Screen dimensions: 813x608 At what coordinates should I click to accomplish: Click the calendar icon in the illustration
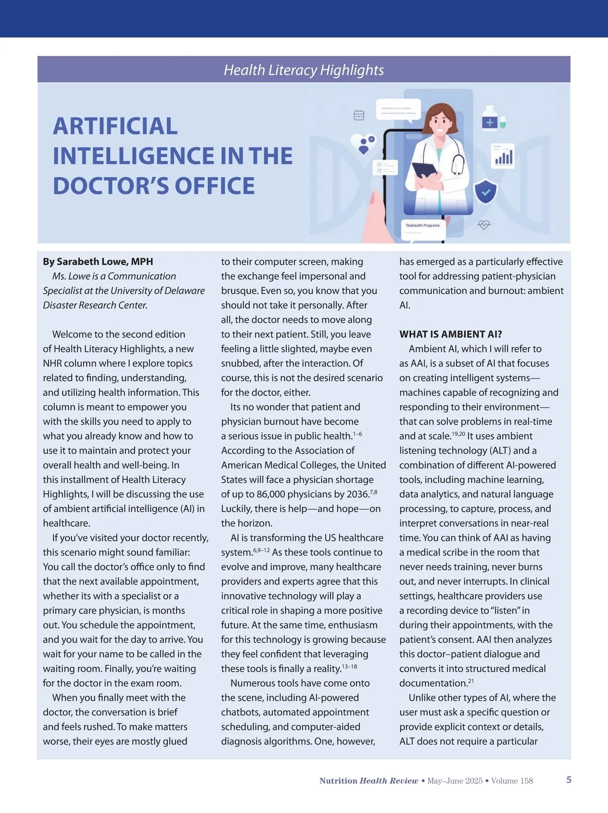point(359,115)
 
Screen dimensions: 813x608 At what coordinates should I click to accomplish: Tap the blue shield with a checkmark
point(485,191)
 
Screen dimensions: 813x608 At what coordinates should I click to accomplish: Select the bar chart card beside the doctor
point(503,156)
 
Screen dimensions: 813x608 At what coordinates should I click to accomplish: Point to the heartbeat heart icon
point(484,224)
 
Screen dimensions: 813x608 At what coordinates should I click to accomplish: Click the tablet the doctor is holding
point(425,170)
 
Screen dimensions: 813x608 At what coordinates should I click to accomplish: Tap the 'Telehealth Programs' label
point(423,225)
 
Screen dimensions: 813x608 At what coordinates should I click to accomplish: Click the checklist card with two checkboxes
point(385,168)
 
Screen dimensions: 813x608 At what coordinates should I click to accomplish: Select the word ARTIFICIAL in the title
point(116,127)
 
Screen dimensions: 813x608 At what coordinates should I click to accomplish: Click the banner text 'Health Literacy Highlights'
point(303,70)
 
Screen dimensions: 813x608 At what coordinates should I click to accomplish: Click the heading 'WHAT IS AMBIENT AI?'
point(450,334)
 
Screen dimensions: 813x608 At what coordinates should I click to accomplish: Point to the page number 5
point(568,780)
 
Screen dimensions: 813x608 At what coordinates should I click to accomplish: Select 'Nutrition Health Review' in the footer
point(368,781)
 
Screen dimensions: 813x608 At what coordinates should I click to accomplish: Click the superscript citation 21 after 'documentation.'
point(471,681)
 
